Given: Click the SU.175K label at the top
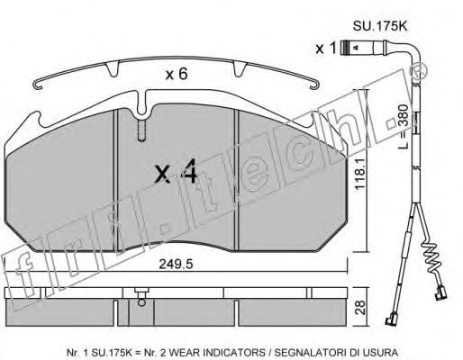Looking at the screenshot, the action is pos(379,26).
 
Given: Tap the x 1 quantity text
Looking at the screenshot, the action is pos(326,48).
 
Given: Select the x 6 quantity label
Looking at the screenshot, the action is pos(177,74).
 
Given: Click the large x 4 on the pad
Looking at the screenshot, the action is pos(176,171).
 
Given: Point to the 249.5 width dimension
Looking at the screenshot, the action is pos(176,264).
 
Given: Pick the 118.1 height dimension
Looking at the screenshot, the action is pos(359,174).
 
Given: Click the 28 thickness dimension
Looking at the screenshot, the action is pos(361,307).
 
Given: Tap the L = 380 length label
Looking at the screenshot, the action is pos(404,126).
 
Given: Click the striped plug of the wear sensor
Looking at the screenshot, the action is pos(345,48).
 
